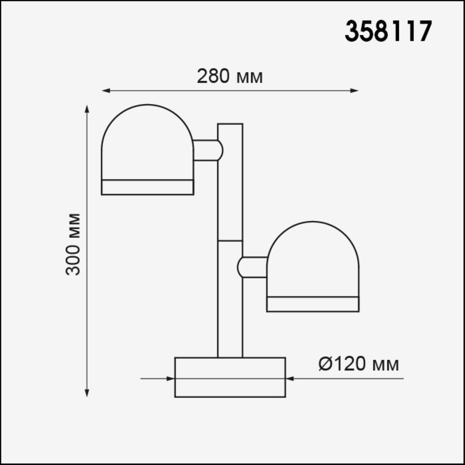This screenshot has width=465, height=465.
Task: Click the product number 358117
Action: [x=388, y=31]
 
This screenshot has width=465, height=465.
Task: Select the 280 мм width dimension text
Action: [x=230, y=77]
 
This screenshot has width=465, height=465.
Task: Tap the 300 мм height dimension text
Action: [x=73, y=244]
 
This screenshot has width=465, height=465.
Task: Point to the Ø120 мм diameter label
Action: [x=359, y=364]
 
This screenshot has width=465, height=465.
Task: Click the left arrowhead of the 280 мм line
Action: [x=106, y=90]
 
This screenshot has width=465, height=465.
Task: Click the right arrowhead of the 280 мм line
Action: [x=354, y=90]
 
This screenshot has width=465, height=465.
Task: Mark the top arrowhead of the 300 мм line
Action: [x=87, y=109]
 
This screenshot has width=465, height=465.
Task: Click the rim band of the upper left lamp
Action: [x=147, y=187]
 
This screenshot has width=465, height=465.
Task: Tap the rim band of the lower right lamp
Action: [x=312, y=304]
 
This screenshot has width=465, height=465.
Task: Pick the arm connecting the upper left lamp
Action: [x=206, y=150]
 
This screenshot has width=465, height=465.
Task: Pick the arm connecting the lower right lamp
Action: [x=253, y=267]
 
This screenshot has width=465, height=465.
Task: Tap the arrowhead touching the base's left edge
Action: [x=170, y=379]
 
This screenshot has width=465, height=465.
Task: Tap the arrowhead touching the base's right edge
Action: [x=290, y=379]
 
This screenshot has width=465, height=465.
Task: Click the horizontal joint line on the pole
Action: [x=230, y=240]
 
